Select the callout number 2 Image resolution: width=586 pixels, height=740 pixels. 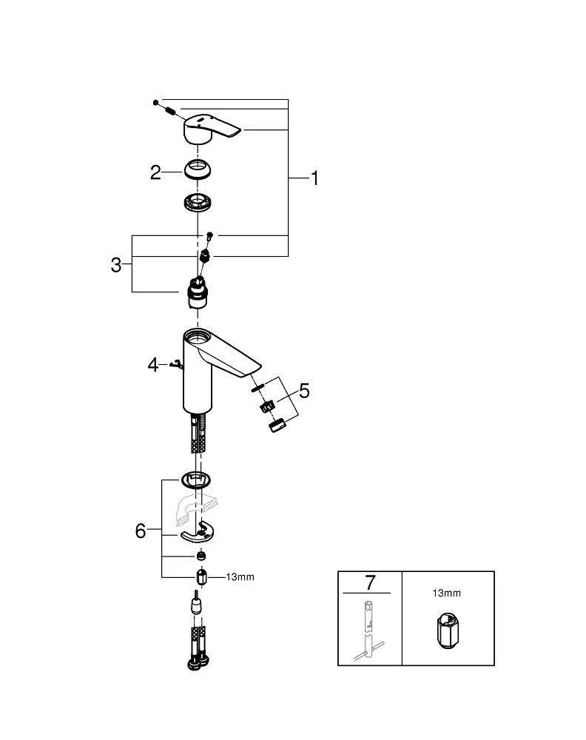155,172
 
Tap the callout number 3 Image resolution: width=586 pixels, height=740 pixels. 116,265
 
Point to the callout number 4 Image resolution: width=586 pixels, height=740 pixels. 153,364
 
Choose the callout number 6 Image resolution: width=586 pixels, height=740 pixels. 141,531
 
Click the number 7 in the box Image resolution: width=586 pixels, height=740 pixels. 369,583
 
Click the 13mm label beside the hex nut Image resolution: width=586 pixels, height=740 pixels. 240,577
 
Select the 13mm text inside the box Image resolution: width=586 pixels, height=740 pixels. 446,593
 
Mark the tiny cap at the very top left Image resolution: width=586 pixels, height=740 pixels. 156,101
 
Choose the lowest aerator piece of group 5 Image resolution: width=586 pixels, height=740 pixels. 277,426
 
